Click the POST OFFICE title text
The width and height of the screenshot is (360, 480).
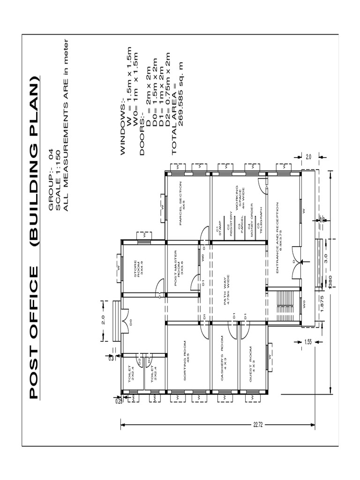point(33,332)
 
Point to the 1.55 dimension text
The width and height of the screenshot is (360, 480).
point(307,342)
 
